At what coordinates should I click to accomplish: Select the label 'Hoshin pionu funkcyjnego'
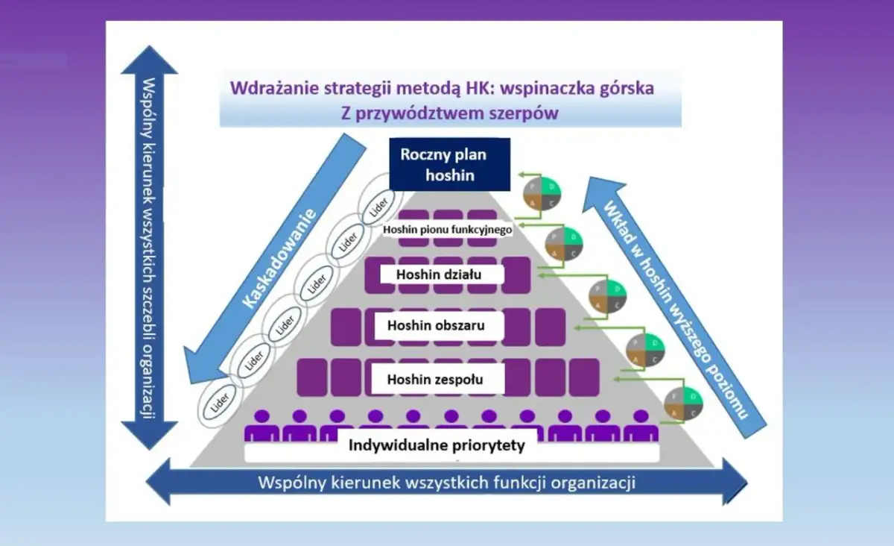tap(447, 230)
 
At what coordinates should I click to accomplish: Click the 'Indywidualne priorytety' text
tap(437, 446)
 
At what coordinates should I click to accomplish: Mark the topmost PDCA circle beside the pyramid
tap(542, 192)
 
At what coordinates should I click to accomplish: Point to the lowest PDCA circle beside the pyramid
tap(683, 404)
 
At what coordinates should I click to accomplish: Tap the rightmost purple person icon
tap(641, 425)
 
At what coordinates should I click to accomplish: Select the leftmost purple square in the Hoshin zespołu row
tap(312, 377)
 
